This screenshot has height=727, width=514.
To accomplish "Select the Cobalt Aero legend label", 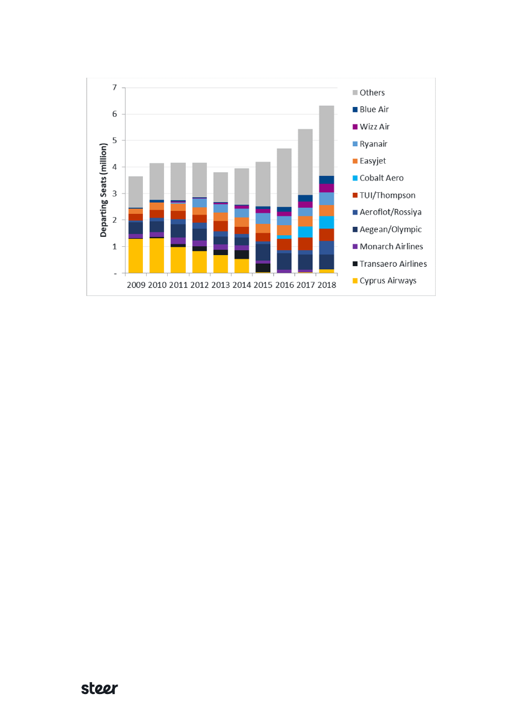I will tap(381, 178).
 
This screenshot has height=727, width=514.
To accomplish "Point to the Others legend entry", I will tap(372, 93).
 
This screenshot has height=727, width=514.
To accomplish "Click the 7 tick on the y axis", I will tap(114, 88).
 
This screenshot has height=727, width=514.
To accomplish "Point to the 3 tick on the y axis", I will tap(114, 194).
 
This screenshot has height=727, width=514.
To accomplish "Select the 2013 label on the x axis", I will tap(221, 285).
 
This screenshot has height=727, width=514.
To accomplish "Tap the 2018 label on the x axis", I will tap(326, 285).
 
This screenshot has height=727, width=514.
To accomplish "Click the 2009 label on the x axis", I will tap(136, 285).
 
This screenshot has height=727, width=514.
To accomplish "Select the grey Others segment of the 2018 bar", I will tap(326, 141).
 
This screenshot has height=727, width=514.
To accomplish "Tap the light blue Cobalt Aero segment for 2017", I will tap(305, 232).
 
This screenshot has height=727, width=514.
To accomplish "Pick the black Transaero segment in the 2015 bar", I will tap(263, 268).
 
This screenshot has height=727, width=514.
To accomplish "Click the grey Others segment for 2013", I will tap(221, 187).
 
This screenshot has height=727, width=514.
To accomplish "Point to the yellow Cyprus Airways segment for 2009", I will tap(135, 256).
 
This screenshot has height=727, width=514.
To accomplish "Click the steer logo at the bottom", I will tap(100, 688).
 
